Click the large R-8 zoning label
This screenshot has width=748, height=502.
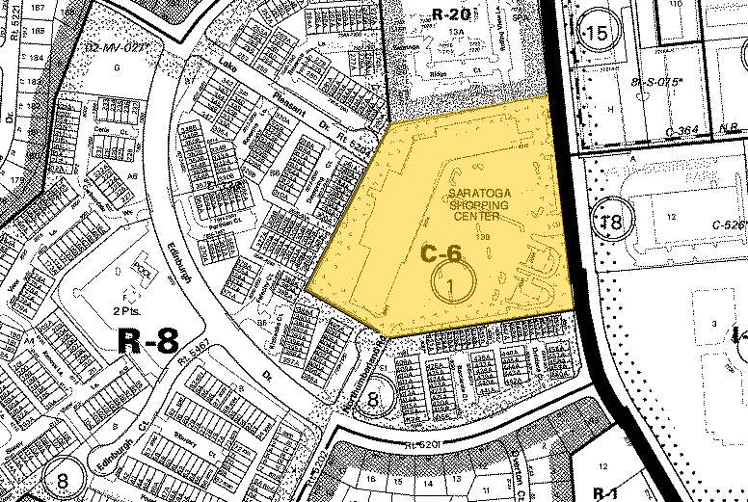[x=147, y=339]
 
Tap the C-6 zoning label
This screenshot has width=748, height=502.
[x=442, y=253]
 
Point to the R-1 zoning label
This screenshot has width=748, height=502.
[x=606, y=492]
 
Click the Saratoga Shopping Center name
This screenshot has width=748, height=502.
[x=479, y=204]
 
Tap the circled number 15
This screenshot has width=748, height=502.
[x=597, y=35]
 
